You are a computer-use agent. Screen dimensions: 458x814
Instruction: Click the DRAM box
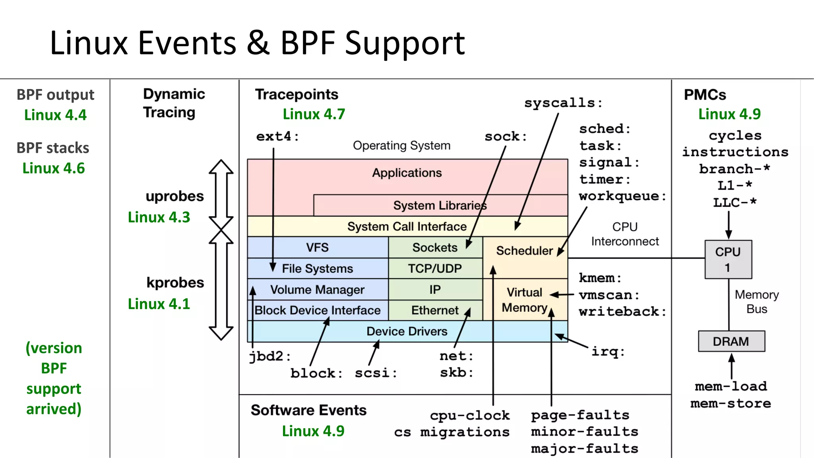731,341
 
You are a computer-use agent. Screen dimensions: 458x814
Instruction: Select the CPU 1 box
728,259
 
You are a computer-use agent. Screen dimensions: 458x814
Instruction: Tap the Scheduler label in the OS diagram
524,251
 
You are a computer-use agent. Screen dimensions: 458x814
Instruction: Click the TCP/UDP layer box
435,269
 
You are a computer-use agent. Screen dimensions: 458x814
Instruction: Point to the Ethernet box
435,310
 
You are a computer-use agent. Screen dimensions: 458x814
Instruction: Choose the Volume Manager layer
317,290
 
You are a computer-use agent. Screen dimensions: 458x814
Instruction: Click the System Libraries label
440,205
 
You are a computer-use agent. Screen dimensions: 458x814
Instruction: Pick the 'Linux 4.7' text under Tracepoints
314,114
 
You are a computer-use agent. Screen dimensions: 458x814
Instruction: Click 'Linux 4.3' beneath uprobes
159,217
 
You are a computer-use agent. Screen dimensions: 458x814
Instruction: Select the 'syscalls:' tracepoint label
563,103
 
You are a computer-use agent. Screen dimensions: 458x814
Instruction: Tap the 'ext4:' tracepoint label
277,136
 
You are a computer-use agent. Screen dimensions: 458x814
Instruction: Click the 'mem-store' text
731,404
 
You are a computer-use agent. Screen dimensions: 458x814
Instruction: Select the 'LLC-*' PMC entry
735,203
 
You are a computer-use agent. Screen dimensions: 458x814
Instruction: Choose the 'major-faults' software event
584,449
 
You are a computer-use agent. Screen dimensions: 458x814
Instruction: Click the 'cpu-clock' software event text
469,415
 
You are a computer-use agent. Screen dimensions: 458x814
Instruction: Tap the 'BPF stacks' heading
53,148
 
